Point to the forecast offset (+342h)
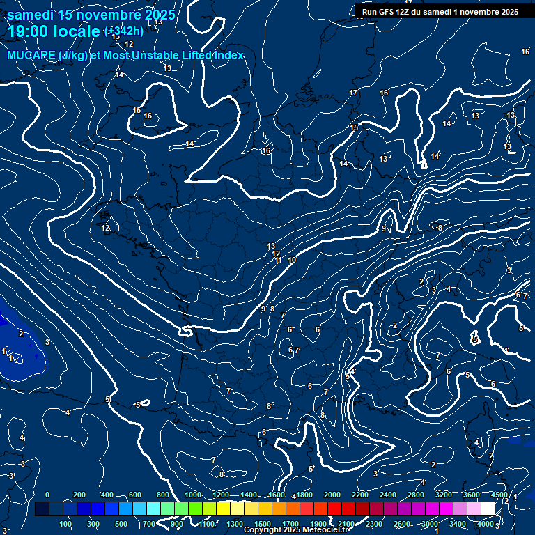[124, 31]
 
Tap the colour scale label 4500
[499, 495]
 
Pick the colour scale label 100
[65, 524]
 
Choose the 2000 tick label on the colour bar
[332, 495]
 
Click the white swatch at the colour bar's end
[488, 509]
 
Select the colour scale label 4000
[486, 524]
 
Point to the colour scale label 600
[135, 495]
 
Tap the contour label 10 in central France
[292, 260]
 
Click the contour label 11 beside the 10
[279, 260]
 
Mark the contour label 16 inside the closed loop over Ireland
[148, 116]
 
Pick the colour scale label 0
[47, 495]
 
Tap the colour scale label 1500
[263, 524]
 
